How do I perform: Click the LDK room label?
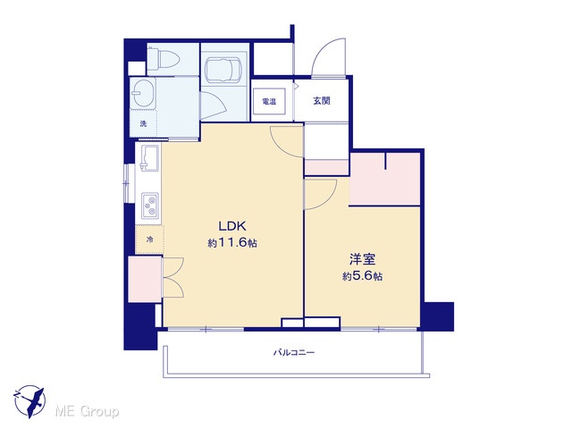pyautogui.click(x=232, y=226)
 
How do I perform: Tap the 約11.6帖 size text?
pyautogui.click(x=232, y=243)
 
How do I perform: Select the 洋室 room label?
pyautogui.click(x=362, y=259)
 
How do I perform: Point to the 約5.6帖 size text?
pyautogui.click(x=362, y=276)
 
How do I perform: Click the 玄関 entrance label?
pyautogui.click(x=322, y=101)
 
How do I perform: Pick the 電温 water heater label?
pyautogui.click(x=269, y=101)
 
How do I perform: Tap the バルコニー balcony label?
pyautogui.click(x=294, y=352)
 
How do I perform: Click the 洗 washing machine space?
pyautogui.click(x=143, y=123)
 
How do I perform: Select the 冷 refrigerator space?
pyautogui.click(x=149, y=240)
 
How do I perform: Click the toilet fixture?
pyautogui.click(x=163, y=59)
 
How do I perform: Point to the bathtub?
pyautogui.click(x=223, y=67)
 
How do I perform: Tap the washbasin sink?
pyautogui.click(x=143, y=93)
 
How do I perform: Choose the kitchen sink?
pyautogui.click(x=149, y=158)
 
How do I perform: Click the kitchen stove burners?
pyautogui.click(x=150, y=206)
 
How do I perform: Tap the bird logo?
pyautogui.click(x=29, y=401)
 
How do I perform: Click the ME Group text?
pyautogui.click(x=87, y=412)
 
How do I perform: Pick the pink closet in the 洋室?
pyautogui.click(x=385, y=179)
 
